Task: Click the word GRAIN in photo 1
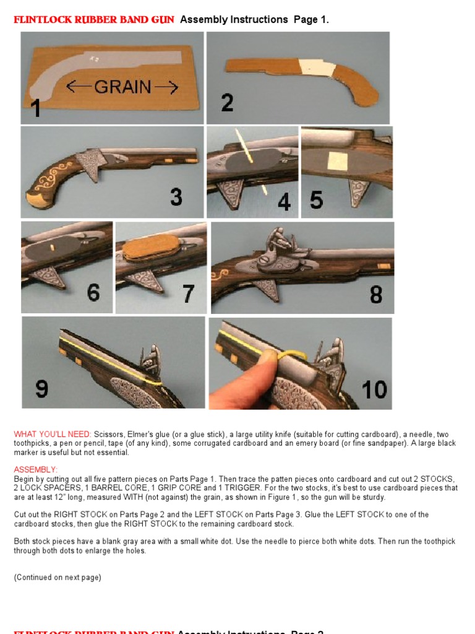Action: click(122, 87)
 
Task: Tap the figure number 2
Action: click(227, 102)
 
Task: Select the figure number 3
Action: click(176, 198)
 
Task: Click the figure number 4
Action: click(284, 201)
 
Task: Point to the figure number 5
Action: click(316, 200)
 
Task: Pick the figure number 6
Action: click(93, 292)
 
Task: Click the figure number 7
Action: click(189, 294)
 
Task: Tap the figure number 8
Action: click(376, 295)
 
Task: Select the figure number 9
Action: click(42, 389)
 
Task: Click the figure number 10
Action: click(374, 390)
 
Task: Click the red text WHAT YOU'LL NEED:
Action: click(53, 434)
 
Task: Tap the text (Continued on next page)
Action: click(58, 578)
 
